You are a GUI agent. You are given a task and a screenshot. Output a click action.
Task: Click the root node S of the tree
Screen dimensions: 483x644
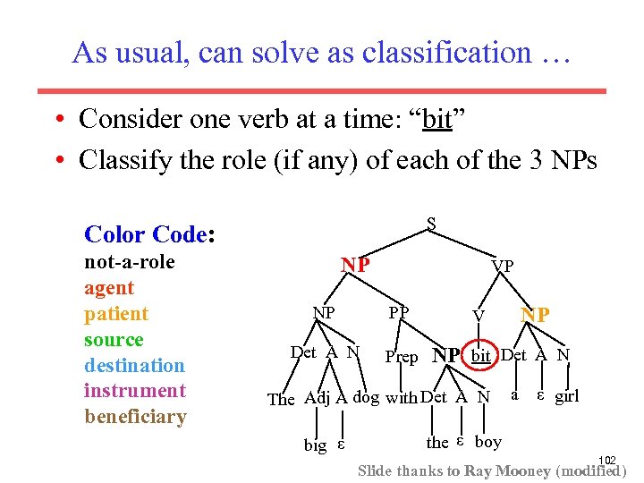coord(431,225)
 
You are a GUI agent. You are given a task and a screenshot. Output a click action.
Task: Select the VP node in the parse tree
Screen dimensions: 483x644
coord(503,267)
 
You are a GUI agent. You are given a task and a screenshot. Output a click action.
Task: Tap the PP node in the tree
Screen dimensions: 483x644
coord(398,313)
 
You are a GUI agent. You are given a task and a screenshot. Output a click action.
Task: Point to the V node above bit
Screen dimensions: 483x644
coord(479,317)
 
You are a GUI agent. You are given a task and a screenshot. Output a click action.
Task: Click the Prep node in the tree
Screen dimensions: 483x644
coord(401,357)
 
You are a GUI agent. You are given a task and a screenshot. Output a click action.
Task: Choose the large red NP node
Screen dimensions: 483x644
coord(356,265)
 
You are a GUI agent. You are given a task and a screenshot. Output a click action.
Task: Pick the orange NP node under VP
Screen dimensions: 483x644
coord(536,316)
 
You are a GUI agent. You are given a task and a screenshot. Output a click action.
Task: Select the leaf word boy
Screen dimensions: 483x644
coord(488,442)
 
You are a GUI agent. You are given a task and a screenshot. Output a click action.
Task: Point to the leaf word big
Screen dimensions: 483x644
coord(315,445)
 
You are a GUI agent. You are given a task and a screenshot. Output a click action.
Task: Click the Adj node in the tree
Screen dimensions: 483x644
coord(318,397)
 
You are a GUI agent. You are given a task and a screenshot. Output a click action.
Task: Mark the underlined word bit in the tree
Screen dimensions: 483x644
coord(481,356)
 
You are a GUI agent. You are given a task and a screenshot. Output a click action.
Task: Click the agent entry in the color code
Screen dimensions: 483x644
coord(109,288)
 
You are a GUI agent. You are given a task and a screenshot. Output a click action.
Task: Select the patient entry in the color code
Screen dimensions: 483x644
coord(116,314)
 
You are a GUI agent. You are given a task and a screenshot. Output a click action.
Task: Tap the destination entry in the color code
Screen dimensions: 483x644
coord(134,365)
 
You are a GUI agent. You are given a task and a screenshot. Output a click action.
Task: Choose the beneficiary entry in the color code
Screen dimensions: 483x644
coord(135,417)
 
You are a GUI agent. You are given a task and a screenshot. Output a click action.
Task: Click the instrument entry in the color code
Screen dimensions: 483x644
coord(134,391)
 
